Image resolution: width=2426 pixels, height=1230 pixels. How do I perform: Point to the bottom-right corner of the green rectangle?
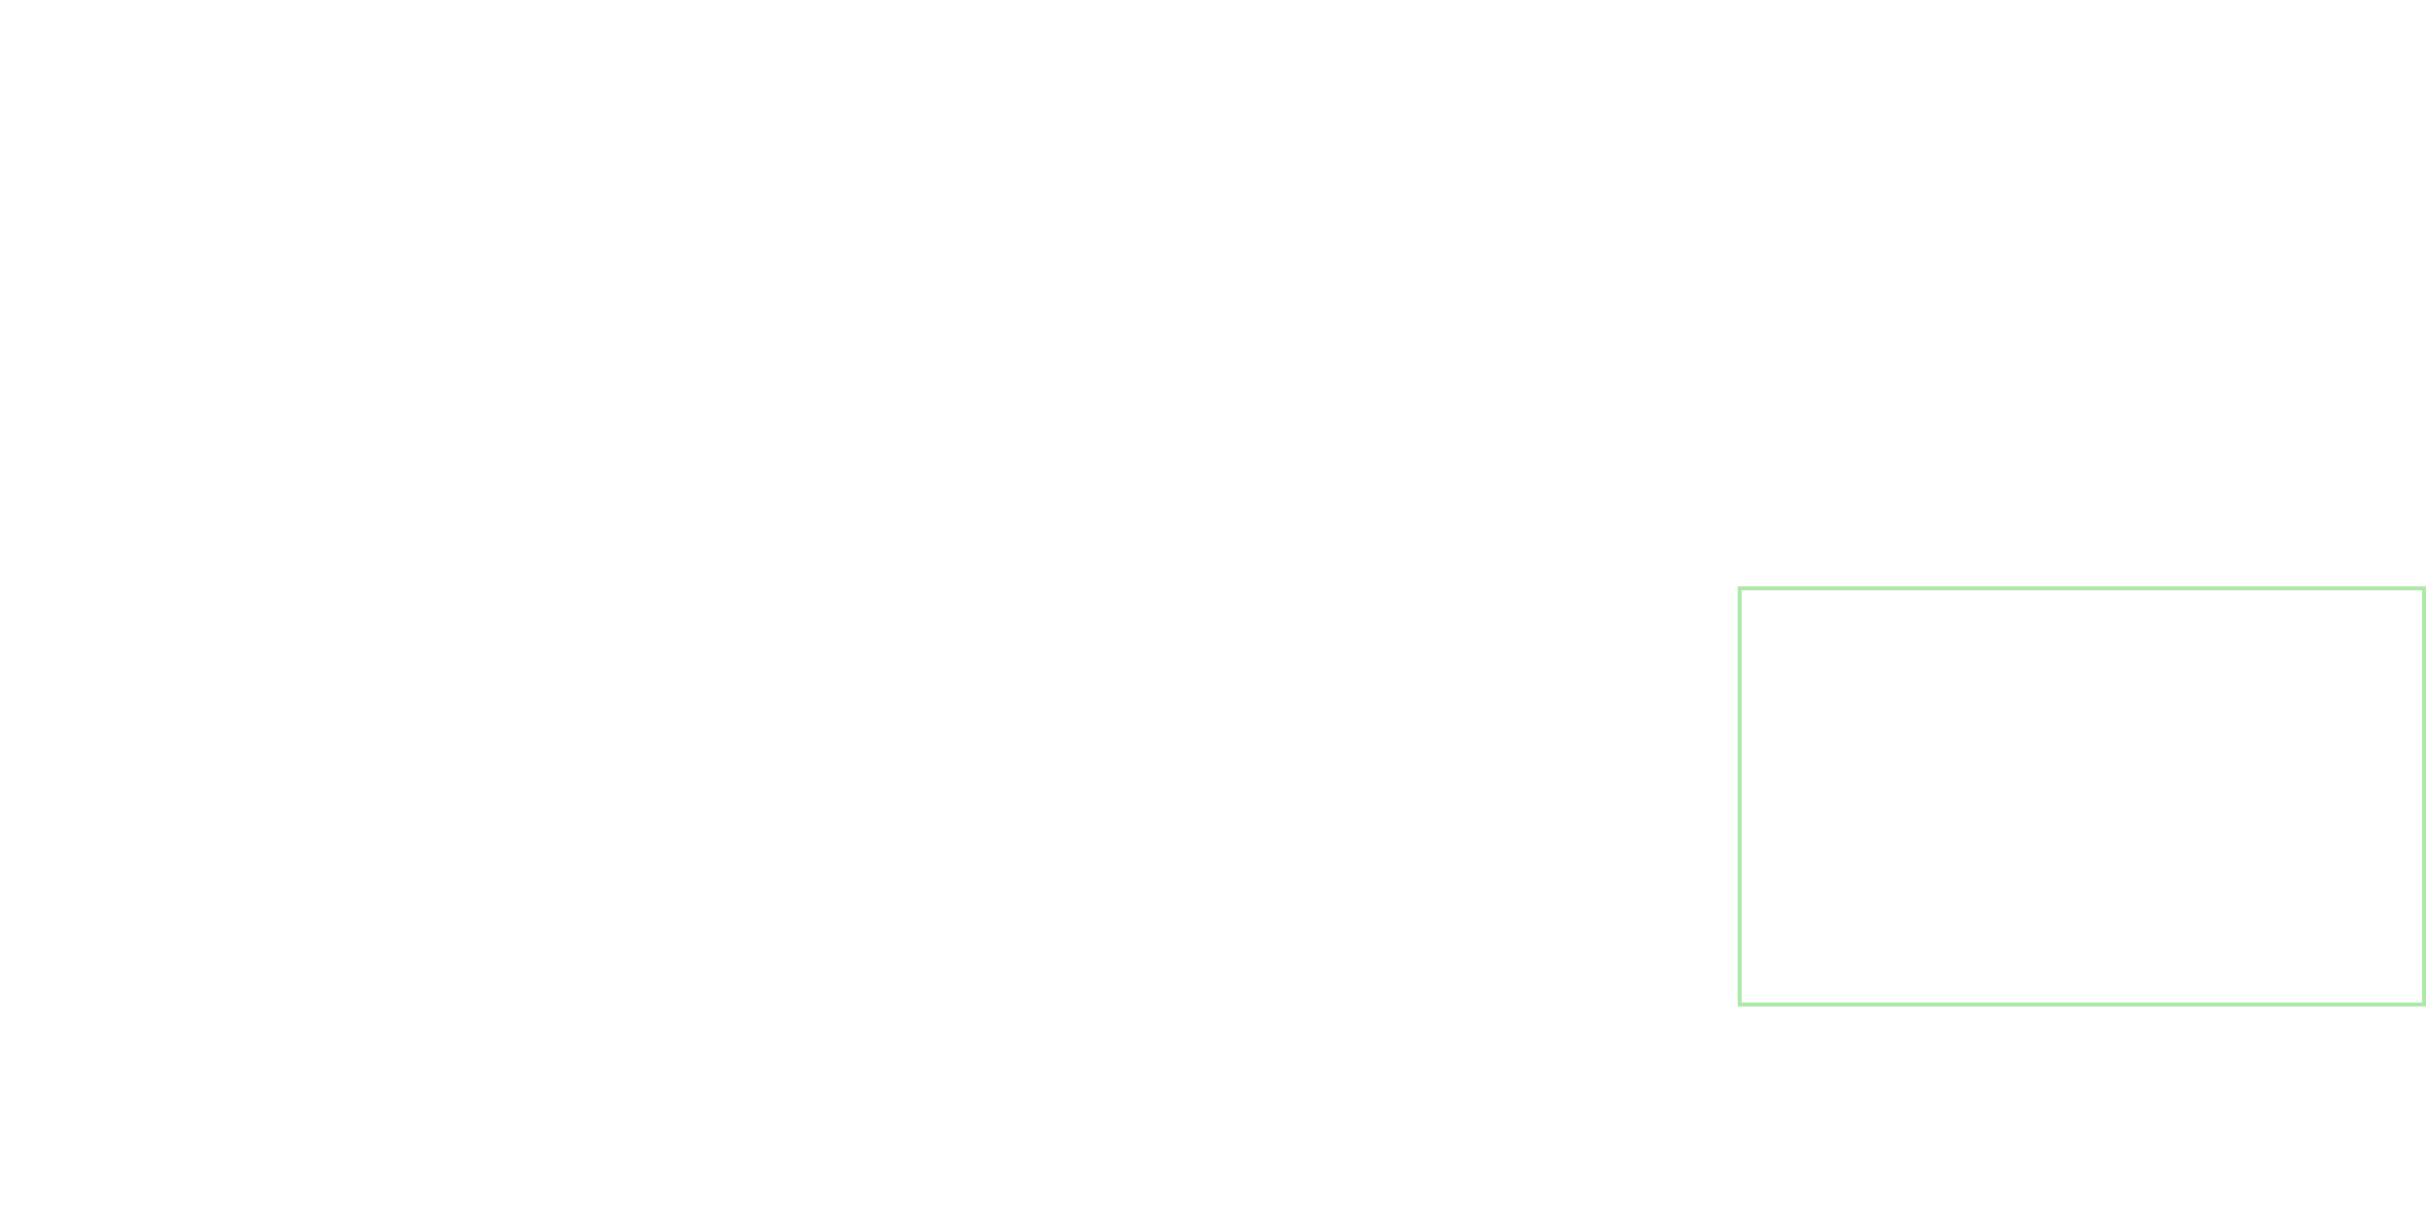pos(2423,1004)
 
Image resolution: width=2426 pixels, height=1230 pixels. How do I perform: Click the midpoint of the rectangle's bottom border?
pos(2081,1004)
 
